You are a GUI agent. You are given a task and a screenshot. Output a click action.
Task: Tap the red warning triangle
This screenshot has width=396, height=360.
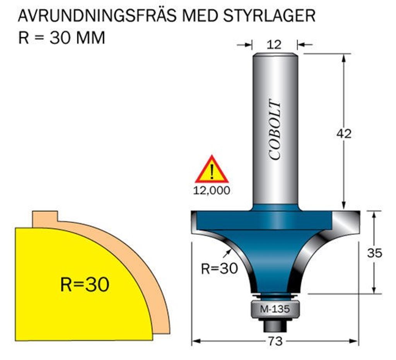pyautogui.click(x=211, y=170)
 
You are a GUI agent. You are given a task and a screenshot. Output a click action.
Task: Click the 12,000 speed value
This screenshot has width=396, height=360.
pyautogui.click(x=211, y=190)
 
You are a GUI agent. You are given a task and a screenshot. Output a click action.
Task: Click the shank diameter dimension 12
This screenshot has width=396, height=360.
pyautogui.click(x=274, y=45)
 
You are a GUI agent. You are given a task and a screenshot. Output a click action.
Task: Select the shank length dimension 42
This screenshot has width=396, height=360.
pyautogui.click(x=344, y=134)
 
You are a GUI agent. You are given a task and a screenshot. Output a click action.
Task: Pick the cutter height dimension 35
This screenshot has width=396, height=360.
pyautogui.click(x=374, y=253)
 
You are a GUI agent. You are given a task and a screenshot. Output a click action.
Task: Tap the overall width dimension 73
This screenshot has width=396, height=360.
pyautogui.click(x=275, y=341)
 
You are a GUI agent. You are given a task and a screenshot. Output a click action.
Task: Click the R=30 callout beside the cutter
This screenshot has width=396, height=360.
pyautogui.click(x=219, y=268)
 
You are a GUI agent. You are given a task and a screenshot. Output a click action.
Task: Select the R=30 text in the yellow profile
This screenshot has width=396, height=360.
pyautogui.click(x=85, y=285)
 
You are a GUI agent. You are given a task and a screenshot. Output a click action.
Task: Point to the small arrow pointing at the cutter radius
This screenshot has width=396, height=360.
pyautogui.click(x=228, y=252)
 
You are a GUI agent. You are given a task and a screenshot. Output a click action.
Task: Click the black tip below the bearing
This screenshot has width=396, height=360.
pyautogui.click(x=275, y=326)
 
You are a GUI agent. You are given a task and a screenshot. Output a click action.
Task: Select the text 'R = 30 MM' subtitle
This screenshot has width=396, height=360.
pyautogui.click(x=61, y=38)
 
